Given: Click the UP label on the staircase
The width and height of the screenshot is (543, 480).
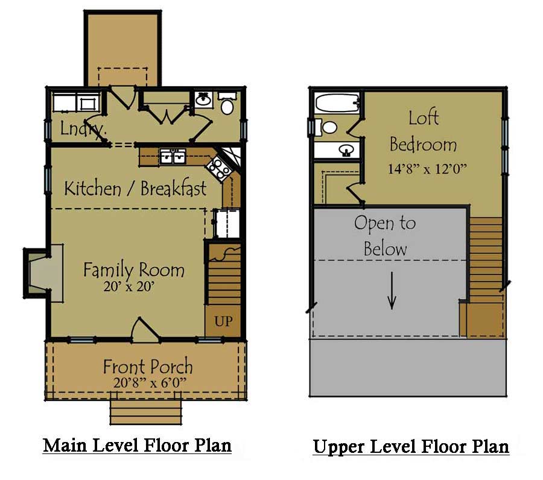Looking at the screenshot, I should pyautogui.click(x=223, y=321).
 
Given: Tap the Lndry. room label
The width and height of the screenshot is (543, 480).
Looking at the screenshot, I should pyautogui.click(x=83, y=128).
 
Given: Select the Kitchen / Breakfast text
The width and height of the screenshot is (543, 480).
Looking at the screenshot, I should pyautogui.click(x=135, y=188).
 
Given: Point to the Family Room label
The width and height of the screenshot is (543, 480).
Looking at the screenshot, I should pyautogui.click(x=134, y=270).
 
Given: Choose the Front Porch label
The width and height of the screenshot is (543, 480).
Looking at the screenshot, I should pyautogui.click(x=148, y=366).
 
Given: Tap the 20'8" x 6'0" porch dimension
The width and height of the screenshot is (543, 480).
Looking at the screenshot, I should pyautogui.click(x=148, y=382).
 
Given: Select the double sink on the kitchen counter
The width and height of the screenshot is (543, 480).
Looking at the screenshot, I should pyautogui.click(x=172, y=157).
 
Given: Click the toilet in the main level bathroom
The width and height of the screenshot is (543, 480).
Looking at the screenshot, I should pyautogui.click(x=227, y=106).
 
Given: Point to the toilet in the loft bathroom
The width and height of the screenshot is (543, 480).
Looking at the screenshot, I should pyautogui.click(x=328, y=127).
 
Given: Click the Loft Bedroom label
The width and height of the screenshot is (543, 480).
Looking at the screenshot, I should pyautogui.click(x=423, y=131).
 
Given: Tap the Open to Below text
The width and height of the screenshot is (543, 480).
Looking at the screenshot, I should pyautogui.click(x=385, y=235).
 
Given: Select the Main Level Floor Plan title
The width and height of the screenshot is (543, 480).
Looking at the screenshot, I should pyautogui.click(x=138, y=446).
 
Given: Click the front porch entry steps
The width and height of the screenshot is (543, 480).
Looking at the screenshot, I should pyautogui.click(x=145, y=412).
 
